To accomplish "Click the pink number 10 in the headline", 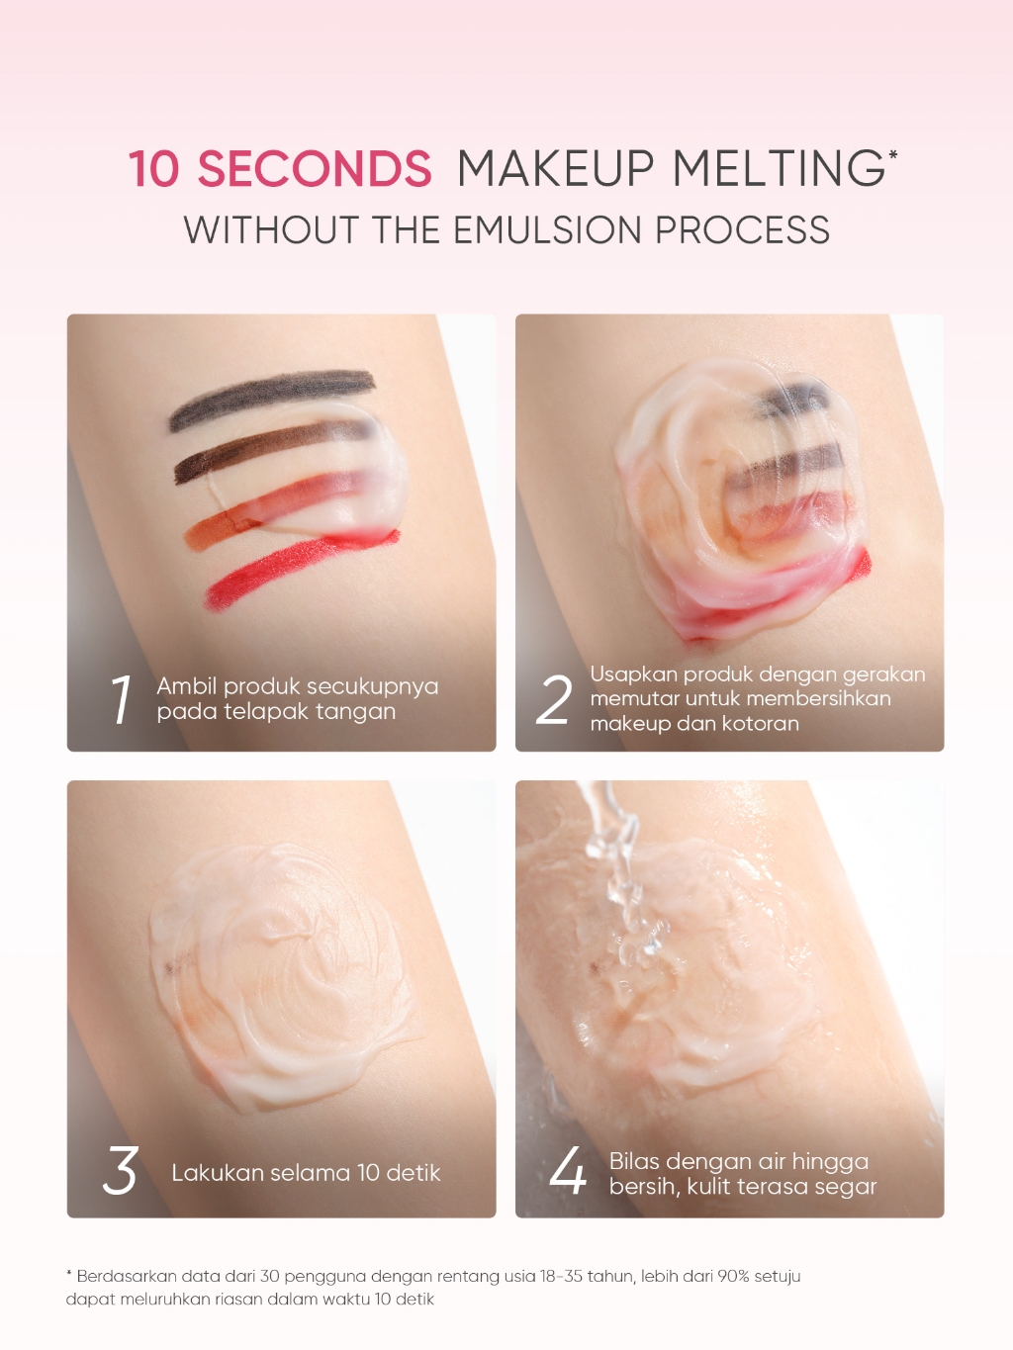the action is (x=153, y=168).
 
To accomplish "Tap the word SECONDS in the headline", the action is (x=315, y=168).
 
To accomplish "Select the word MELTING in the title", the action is (x=778, y=168).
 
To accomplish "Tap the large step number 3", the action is (x=120, y=1170).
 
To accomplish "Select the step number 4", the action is (x=567, y=1170).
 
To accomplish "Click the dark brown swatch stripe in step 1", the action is (x=271, y=448).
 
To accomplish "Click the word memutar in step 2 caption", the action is (x=634, y=698).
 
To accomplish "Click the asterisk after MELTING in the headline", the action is (x=893, y=155).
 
